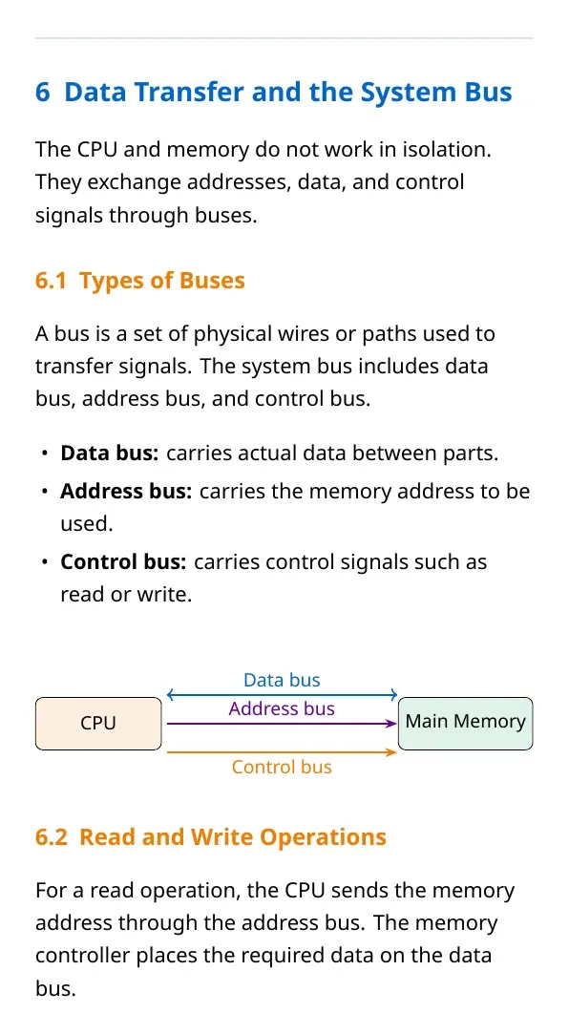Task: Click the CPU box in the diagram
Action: (x=98, y=724)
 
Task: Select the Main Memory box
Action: (x=466, y=724)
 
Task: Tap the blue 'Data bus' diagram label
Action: (x=282, y=680)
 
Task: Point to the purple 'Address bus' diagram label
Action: (x=282, y=708)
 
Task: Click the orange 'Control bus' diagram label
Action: (x=282, y=767)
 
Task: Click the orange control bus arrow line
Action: (x=282, y=752)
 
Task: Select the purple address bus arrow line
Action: (x=282, y=725)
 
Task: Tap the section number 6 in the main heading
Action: (x=43, y=93)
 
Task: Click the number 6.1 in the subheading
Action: (x=51, y=281)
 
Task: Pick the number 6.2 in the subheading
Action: (x=51, y=837)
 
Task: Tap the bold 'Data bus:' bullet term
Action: (x=109, y=454)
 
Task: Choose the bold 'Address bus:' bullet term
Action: (x=127, y=492)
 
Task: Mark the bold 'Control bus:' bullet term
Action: (x=123, y=562)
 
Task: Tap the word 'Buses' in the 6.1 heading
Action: (x=212, y=281)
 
